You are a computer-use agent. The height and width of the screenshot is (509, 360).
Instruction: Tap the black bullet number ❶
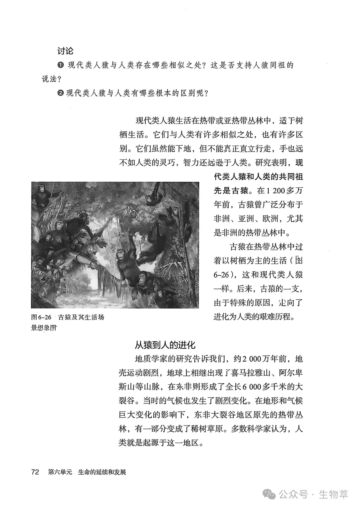click(x=60, y=65)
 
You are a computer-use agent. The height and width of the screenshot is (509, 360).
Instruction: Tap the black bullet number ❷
click(x=60, y=93)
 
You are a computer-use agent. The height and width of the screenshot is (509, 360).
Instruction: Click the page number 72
click(x=35, y=472)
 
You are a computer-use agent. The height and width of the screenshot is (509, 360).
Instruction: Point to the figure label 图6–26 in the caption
click(x=41, y=317)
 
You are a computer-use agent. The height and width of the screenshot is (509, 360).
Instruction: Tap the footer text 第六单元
click(x=60, y=472)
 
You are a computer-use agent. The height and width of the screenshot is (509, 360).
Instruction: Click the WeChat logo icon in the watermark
click(x=269, y=494)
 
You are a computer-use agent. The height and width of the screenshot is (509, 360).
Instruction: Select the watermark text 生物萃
click(x=333, y=494)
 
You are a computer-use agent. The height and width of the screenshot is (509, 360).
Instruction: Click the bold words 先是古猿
click(x=231, y=191)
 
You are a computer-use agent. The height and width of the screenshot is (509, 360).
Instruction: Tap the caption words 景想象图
click(x=44, y=328)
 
